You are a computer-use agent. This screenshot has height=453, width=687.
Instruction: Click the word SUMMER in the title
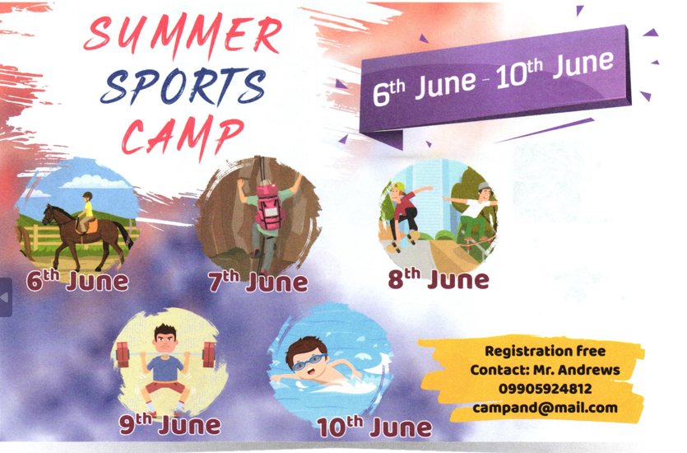click(183, 36)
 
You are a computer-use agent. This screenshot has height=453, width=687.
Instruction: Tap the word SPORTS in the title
click(183, 87)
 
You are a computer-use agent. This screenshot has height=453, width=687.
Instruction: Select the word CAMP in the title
click(183, 137)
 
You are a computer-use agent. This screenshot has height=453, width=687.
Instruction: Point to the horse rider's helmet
click(88, 195)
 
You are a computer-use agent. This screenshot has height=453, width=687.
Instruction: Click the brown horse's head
click(49, 213)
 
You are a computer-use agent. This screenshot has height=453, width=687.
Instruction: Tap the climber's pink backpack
click(268, 207)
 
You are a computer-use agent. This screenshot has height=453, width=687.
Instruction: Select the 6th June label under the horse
click(77, 281)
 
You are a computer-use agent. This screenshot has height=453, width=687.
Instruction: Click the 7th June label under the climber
click(258, 282)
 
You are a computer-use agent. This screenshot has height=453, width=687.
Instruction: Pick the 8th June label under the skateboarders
click(439, 279)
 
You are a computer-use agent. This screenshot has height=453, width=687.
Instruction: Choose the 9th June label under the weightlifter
click(170, 424)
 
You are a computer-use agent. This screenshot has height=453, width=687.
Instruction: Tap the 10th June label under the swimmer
click(374, 427)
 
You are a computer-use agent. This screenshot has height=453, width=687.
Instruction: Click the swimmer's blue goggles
click(309, 362)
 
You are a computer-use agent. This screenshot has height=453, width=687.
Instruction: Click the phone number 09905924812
click(545, 389)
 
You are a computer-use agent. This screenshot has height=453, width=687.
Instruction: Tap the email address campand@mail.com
click(545, 408)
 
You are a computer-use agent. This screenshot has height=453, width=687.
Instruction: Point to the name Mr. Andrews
click(576, 370)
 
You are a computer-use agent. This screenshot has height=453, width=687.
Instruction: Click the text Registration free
click(545, 351)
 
